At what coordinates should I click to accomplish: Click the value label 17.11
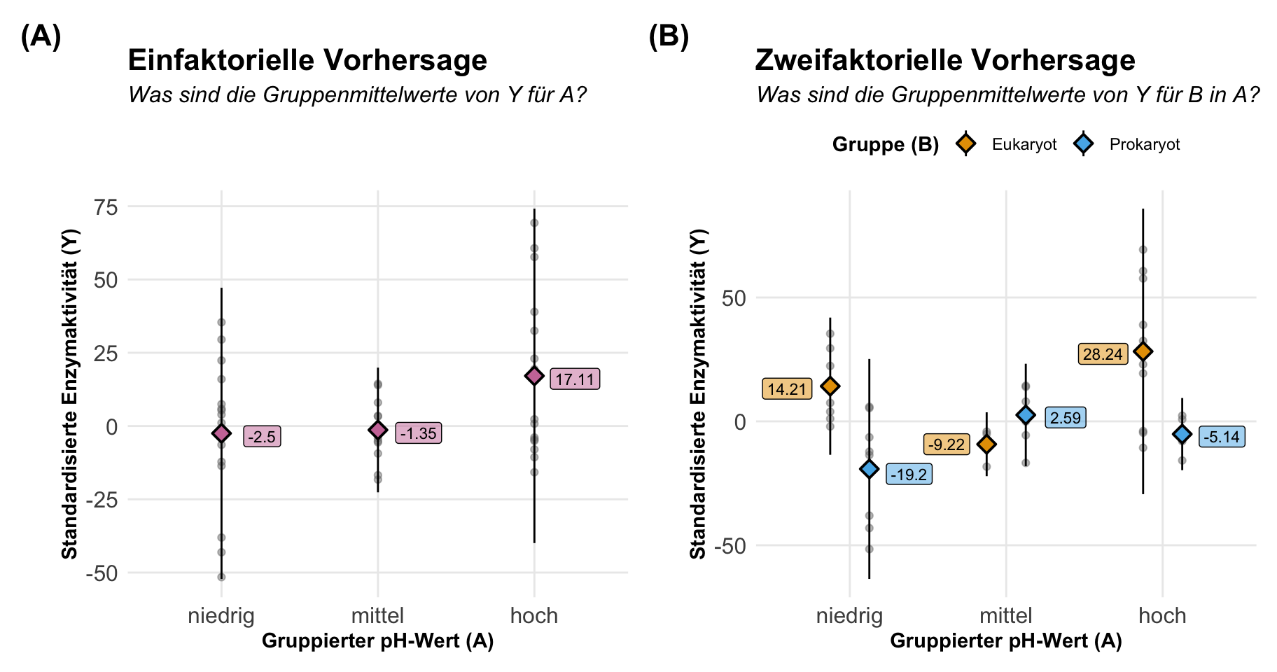[575, 379]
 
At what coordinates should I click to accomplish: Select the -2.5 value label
[262, 437]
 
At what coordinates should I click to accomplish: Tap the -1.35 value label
[418, 433]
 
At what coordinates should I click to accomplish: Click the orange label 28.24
[1103, 354]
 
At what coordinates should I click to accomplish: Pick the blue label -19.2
[909, 475]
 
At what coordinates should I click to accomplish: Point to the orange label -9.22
[947, 444]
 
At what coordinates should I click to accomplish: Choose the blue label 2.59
[1066, 418]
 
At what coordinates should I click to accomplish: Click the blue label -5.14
[1222, 437]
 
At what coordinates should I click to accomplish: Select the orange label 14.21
[787, 389]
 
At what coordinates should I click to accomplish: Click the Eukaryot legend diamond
[966, 144]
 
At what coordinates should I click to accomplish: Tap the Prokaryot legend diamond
[1084, 144]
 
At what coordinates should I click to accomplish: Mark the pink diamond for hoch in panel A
[534, 376]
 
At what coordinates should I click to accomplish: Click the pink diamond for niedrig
[221, 433]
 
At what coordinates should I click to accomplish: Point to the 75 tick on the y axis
[107, 207]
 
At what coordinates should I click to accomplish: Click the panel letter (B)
[669, 36]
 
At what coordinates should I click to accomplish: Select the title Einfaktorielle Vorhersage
[307, 60]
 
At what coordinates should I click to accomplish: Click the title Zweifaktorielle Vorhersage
[945, 60]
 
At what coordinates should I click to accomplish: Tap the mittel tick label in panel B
[1006, 616]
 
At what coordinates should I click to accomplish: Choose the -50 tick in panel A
[102, 573]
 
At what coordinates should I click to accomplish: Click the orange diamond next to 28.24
[1143, 351]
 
